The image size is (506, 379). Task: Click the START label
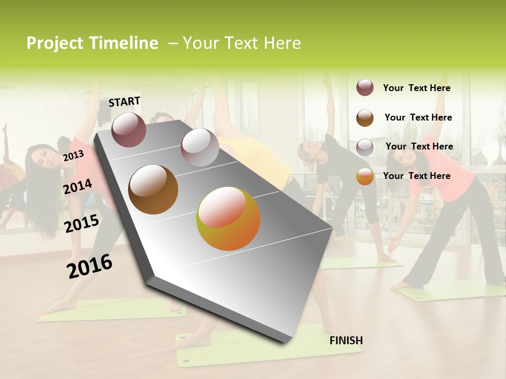point(124,102)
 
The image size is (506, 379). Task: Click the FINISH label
point(346,341)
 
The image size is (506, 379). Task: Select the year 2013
point(73,155)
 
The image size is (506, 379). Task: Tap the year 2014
point(77,186)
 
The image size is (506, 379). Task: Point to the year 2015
point(81,224)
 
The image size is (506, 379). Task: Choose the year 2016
point(90,266)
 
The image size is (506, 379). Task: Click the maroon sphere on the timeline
point(129,129)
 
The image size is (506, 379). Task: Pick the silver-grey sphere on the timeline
point(200,147)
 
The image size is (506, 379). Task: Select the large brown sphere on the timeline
point(153,189)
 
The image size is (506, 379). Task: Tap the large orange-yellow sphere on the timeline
point(228,218)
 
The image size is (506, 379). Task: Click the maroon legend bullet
point(365,87)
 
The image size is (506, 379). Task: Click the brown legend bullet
point(365,117)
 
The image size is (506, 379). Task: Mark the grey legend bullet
point(365,147)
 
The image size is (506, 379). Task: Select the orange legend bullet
point(365,176)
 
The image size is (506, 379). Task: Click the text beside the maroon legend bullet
point(416,88)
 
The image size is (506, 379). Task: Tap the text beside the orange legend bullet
point(416,176)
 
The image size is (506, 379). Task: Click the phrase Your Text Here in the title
point(241,43)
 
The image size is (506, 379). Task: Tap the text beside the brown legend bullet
point(418,117)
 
